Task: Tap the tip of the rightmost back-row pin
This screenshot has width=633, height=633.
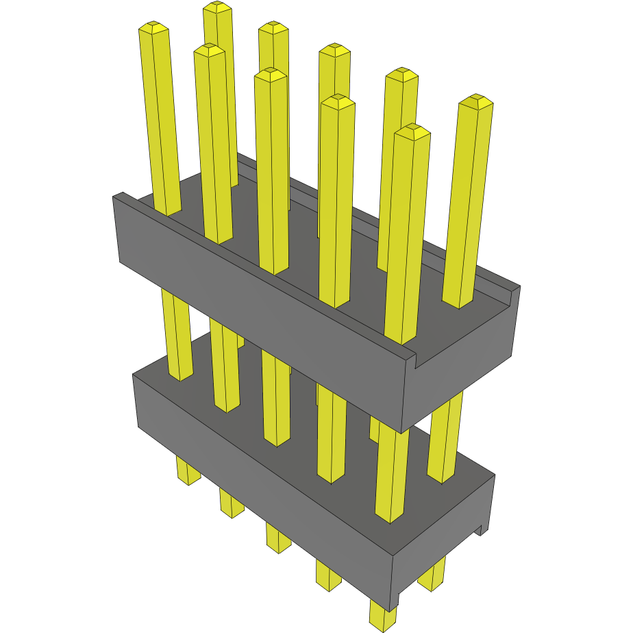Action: tap(475, 101)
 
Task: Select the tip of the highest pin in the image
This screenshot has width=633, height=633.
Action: tap(219, 8)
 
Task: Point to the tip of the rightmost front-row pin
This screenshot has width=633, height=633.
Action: tap(412, 132)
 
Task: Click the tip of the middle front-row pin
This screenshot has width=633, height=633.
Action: tap(270, 74)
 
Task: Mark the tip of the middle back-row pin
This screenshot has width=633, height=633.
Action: tap(335, 50)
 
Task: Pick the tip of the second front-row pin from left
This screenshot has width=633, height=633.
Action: tap(210, 50)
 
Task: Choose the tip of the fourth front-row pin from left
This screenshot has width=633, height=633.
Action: tap(338, 102)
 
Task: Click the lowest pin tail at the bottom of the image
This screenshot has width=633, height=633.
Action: tap(382, 617)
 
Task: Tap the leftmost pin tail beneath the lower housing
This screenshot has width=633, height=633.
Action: tap(188, 471)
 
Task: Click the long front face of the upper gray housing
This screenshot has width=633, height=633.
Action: tap(260, 315)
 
